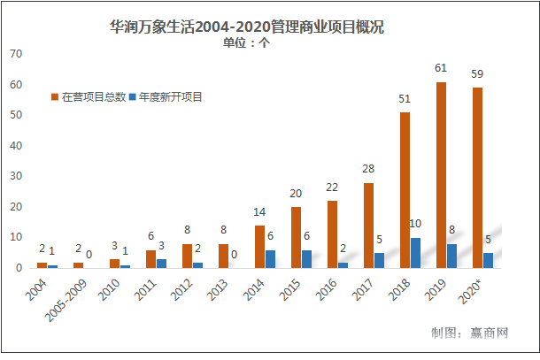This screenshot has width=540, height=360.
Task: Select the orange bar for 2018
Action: coord(405,190)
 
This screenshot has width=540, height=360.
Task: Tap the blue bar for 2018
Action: coord(416,253)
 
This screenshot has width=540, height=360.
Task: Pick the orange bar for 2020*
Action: coord(477,178)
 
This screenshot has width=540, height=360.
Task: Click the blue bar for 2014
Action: coord(271,258)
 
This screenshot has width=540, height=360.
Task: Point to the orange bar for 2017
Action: coord(368,226)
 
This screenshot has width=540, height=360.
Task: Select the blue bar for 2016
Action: coord(343,264)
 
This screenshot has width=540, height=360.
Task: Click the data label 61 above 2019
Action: coord(441,67)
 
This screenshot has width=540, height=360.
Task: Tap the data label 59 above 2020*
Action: coord(477,73)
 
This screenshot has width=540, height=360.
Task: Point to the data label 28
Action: coord(368,168)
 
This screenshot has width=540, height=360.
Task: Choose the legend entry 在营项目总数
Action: coord(89,96)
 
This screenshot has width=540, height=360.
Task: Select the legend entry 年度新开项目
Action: coord(166,96)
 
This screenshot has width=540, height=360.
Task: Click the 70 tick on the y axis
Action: coord(15,54)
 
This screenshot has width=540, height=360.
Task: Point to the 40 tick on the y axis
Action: coord(15,146)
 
